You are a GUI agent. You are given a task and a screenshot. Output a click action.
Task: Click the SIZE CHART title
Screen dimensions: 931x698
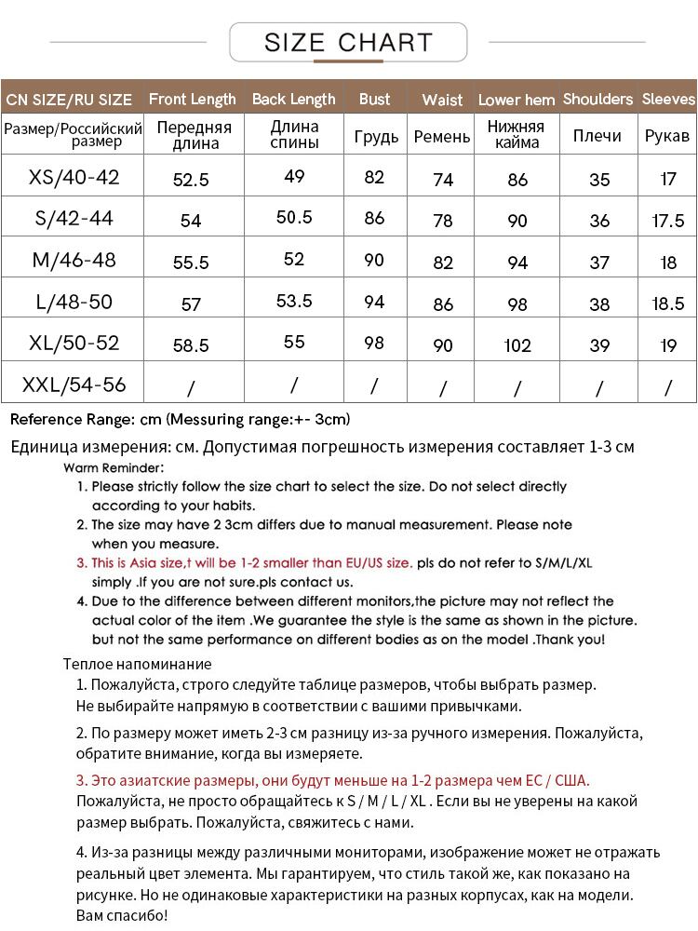click(x=348, y=43)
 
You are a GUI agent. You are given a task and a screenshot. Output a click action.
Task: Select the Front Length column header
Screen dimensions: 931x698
click(x=192, y=99)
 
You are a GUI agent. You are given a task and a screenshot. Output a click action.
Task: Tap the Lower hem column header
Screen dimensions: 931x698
click(x=517, y=100)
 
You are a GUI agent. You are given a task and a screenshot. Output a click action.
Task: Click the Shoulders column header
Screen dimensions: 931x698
click(x=597, y=99)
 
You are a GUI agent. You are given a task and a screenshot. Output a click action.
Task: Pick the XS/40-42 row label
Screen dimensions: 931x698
click(x=74, y=177)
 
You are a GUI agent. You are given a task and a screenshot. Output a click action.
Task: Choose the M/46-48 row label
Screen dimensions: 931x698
click(x=74, y=260)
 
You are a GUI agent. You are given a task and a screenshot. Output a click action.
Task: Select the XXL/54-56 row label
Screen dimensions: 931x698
click(x=74, y=385)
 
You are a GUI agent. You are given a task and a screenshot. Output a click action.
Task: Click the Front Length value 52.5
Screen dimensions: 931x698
click(x=191, y=180)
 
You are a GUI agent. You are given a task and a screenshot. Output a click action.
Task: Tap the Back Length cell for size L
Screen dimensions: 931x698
click(x=294, y=301)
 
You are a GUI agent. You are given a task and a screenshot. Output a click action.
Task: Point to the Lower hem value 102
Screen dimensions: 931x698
click(x=517, y=345)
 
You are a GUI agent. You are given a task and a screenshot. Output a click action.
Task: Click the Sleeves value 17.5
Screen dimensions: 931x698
click(x=668, y=221)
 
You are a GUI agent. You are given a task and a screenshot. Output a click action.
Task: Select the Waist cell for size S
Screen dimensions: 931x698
click(x=443, y=221)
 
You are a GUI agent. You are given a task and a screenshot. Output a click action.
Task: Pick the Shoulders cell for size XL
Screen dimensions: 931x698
click(x=599, y=344)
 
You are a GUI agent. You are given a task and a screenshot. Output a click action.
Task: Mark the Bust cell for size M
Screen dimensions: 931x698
click(x=374, y=260)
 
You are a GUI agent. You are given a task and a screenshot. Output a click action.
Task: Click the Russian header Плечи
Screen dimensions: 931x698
click(x=597, y=136)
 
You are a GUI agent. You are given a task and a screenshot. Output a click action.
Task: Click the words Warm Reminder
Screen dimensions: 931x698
click(x=114, y=467)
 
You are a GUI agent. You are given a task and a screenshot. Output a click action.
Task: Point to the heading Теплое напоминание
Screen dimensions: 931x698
click(x=138, y=664)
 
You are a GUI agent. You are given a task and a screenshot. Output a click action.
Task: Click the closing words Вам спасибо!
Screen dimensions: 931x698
click(x=121, y=915)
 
